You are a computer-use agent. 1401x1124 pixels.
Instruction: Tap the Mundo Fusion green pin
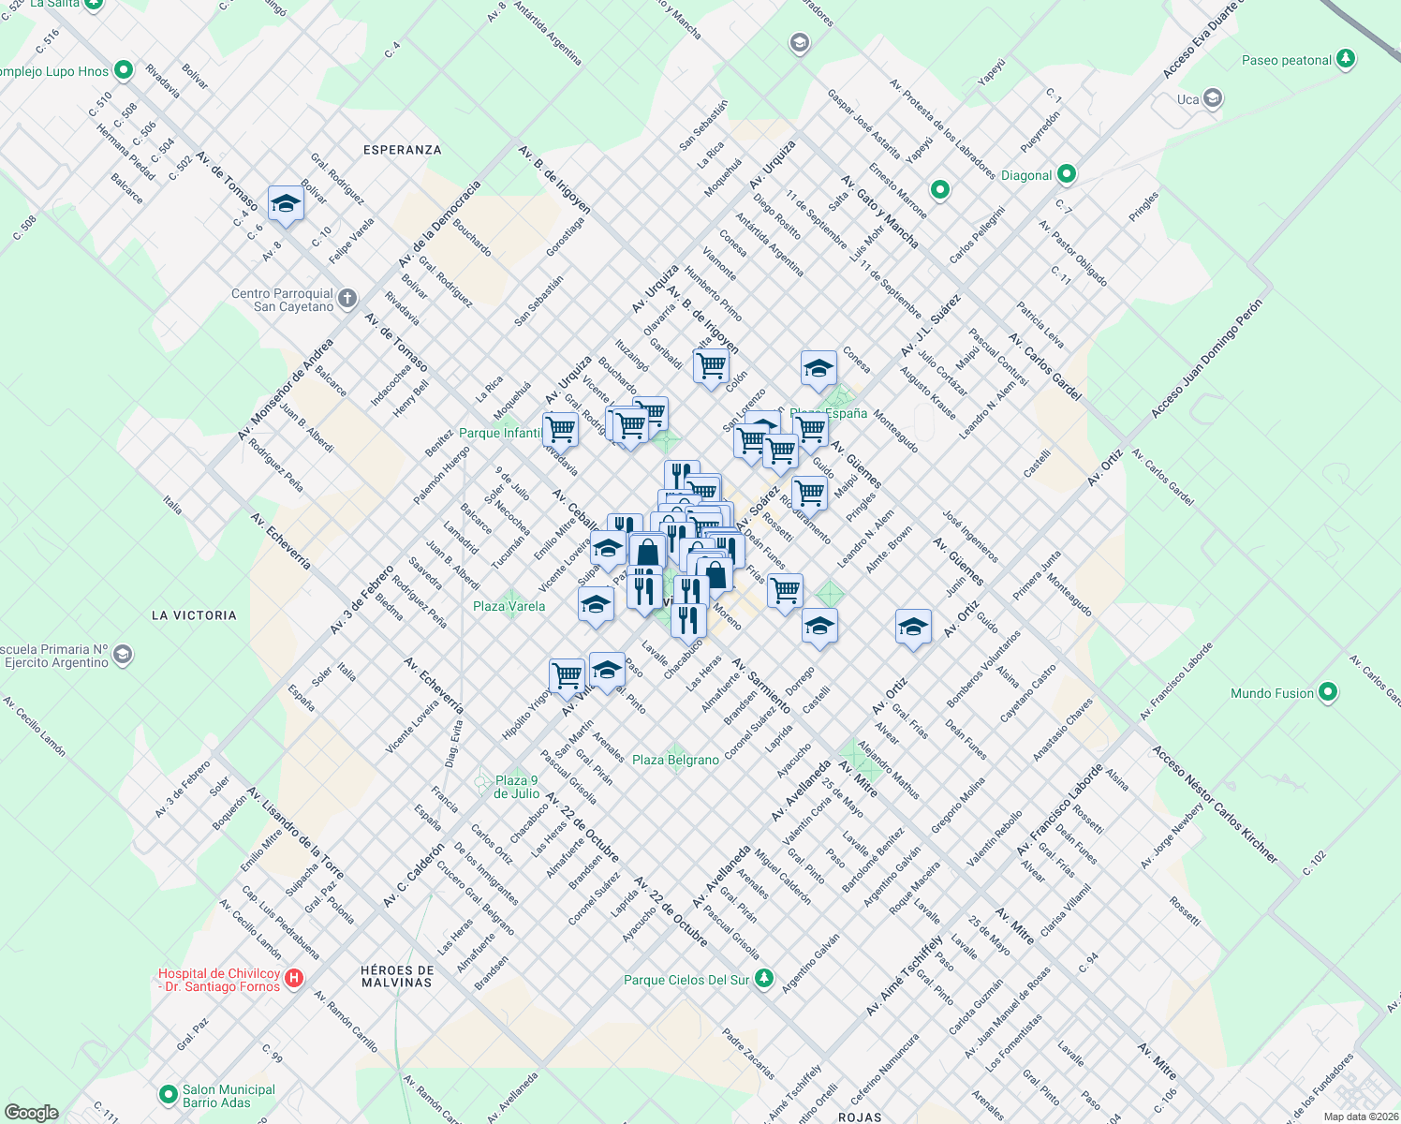click(x=1327, y=693)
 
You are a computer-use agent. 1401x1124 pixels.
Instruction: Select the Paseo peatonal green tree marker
click(x=1346, y=59)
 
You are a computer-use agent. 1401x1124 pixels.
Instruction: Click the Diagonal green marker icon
click(x=1066, y=174)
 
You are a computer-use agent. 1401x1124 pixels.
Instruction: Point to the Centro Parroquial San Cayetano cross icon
click(x=347, y=299)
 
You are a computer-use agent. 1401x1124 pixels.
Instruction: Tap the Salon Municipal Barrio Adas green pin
click(x=169, y=1094)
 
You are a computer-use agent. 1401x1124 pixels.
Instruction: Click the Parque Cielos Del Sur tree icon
click(x=764, y=979)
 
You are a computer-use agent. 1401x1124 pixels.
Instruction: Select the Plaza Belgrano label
click(x=675, y=760)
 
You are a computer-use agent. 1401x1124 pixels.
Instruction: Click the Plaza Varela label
click(x=509, y=606)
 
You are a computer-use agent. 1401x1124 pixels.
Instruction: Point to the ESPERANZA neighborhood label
click(x=402, y=150)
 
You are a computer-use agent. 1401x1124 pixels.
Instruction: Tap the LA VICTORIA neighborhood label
click(x=194, y=615)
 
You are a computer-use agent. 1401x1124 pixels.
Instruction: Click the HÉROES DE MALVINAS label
click(x=397, y=976)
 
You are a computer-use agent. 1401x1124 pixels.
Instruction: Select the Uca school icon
click(x=1213, y=98)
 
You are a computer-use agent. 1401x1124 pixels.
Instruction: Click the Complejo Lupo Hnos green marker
click(x=123, y=71)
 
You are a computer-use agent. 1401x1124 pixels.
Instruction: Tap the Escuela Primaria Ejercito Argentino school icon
click(x=123, y=656)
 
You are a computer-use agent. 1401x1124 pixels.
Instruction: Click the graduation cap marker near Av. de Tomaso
click(x=286, y=204)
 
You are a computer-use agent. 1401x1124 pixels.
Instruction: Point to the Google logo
click(x=32, y=1112)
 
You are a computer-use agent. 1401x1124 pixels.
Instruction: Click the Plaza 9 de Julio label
click(x=516, y=787)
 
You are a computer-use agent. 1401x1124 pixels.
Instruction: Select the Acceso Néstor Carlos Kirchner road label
click(x=1214, y=804)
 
